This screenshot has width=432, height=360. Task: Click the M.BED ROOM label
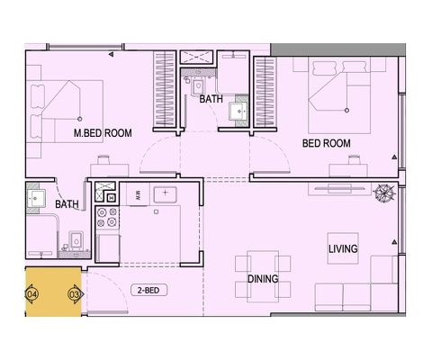pos(103,133)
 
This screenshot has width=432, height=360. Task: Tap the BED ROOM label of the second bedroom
pos(327,143)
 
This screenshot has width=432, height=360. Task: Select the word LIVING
pos(343,248)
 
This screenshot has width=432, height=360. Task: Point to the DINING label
pos(263,279)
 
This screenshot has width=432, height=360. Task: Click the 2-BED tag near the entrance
pos(148,290)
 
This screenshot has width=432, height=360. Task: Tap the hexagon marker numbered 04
pos(31,294)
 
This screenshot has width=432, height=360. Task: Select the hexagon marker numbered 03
pos(75,294)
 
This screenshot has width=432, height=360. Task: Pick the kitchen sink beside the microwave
pos(165,194)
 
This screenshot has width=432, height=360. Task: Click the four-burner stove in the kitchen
pos(107,217)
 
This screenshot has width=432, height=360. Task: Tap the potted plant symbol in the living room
pos(383,192)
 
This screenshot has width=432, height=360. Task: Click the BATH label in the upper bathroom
pos(211,99)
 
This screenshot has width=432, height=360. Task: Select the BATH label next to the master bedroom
pos(67,204)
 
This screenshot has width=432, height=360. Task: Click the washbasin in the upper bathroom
pos(238,112)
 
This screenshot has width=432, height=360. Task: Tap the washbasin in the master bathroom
pos(36,198)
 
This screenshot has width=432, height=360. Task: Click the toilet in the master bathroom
pos(75,240)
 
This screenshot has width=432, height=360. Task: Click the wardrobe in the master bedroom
pos(165,89)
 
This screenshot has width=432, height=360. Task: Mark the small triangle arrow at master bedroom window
pos(111,54)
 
